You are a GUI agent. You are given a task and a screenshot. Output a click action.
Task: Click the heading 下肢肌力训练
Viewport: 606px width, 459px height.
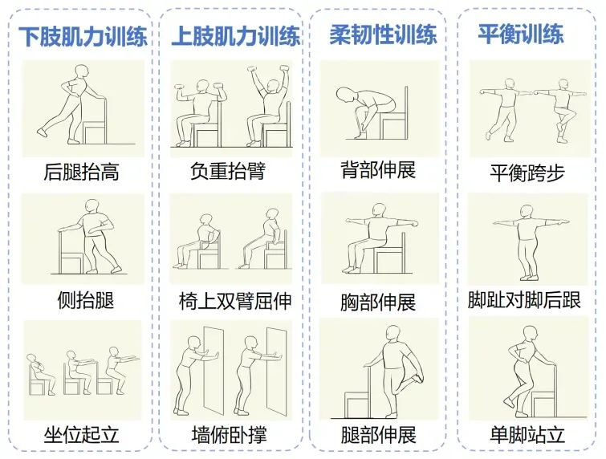coord(83,36)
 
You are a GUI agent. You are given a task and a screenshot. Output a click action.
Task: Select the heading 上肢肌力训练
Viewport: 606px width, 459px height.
coord(235,35)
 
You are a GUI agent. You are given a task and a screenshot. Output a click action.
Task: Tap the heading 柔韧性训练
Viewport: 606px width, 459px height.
coord(383,34)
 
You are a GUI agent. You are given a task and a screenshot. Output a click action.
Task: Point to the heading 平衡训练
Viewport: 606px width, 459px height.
coord(521,33)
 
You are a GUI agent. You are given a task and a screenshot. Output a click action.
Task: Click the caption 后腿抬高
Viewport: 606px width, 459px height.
coord(81,172)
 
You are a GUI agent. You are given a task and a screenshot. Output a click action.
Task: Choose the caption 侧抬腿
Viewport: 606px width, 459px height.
coord(86,300)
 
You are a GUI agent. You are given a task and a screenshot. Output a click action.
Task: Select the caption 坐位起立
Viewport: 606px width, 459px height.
coord(81,435)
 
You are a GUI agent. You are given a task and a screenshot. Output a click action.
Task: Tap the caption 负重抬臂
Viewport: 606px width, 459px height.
coord(228,171)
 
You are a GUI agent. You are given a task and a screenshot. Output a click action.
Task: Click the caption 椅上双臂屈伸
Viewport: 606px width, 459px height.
coord(235,301)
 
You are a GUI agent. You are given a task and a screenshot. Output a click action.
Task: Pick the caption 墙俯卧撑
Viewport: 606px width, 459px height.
coord(230,434)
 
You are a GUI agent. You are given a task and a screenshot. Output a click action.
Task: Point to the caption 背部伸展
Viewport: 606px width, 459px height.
coord(378,170)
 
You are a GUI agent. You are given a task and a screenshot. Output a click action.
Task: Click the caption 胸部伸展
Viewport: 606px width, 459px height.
coord(378,303)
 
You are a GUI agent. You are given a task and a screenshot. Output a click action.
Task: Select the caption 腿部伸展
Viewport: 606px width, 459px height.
coord(378,435)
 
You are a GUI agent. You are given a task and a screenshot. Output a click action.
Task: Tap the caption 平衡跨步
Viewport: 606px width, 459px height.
coord(527,173)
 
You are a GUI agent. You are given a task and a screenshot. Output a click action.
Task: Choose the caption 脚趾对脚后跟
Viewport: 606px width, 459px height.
coord(524,300)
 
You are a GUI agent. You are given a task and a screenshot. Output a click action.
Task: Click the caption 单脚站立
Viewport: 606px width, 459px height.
coord(527,434)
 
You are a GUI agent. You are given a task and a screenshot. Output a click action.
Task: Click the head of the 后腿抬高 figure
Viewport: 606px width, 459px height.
coord(82,72)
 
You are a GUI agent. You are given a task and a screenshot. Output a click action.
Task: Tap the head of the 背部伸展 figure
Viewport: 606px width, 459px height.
coord(344,95)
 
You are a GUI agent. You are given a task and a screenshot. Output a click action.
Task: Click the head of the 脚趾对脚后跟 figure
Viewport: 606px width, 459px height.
coord(527,211)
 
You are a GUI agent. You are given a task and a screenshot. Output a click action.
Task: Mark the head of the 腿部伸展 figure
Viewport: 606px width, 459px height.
coord(393,333)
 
